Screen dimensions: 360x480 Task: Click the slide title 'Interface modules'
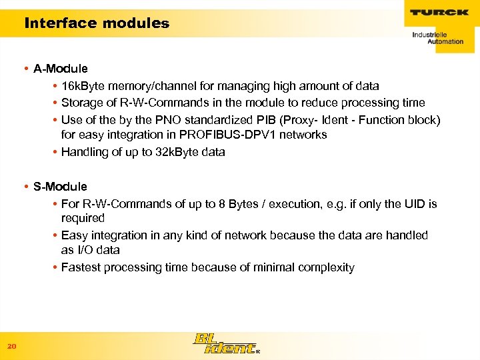click(97, 23)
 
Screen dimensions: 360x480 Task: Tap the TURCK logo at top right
click(439, 13)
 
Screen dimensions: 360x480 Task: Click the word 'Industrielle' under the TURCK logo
click(429, 33)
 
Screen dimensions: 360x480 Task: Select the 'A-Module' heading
click(60, 69)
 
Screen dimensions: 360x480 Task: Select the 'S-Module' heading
click(60, 187)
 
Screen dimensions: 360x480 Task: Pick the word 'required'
click(83, 218)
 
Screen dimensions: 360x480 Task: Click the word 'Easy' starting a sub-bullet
click(73, 235)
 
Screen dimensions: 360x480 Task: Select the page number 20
click(11, 346)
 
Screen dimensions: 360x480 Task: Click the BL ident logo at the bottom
click(224, 343)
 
